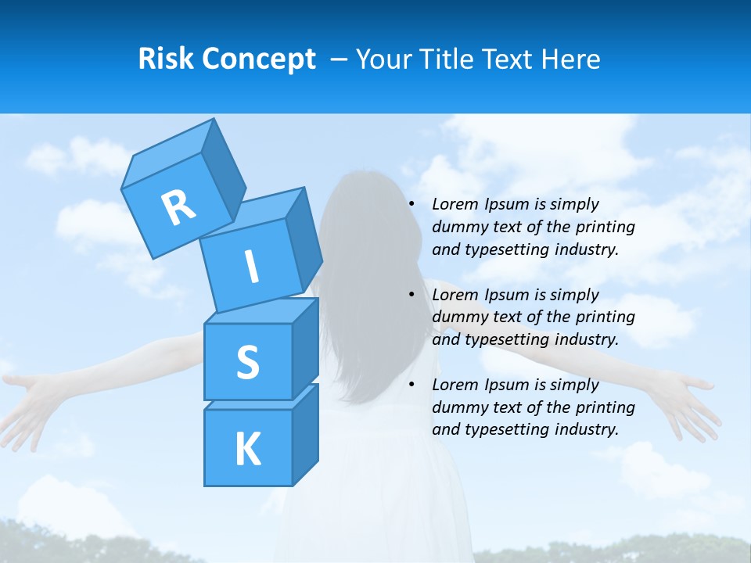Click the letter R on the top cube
click(178, 207)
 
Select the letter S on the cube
click(247, 363)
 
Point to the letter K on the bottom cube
click(247, 449)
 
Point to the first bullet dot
click(412, 204)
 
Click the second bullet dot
click(412, 295)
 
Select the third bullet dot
click(412, 385)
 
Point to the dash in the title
click(340, 59)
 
